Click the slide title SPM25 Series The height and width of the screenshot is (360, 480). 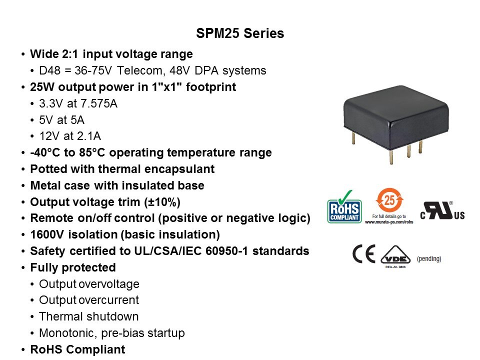pos(240,33)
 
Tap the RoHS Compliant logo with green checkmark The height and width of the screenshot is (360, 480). pos(344,207)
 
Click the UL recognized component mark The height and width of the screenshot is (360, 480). pos(442,210)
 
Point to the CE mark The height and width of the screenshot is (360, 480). pos(363,254)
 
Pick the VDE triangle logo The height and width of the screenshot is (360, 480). pos(395,255)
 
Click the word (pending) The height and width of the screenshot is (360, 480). pos(429,258)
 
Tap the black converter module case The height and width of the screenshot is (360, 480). pos(396,116)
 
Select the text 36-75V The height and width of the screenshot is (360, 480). pos(93,70)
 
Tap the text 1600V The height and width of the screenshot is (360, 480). pos(47,234)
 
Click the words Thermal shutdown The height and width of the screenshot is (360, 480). pos(89,316)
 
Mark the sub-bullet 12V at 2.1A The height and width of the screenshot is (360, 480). pos(70,136)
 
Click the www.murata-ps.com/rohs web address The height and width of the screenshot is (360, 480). pos(389,221)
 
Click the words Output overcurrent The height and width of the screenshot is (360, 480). pos(89,300)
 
